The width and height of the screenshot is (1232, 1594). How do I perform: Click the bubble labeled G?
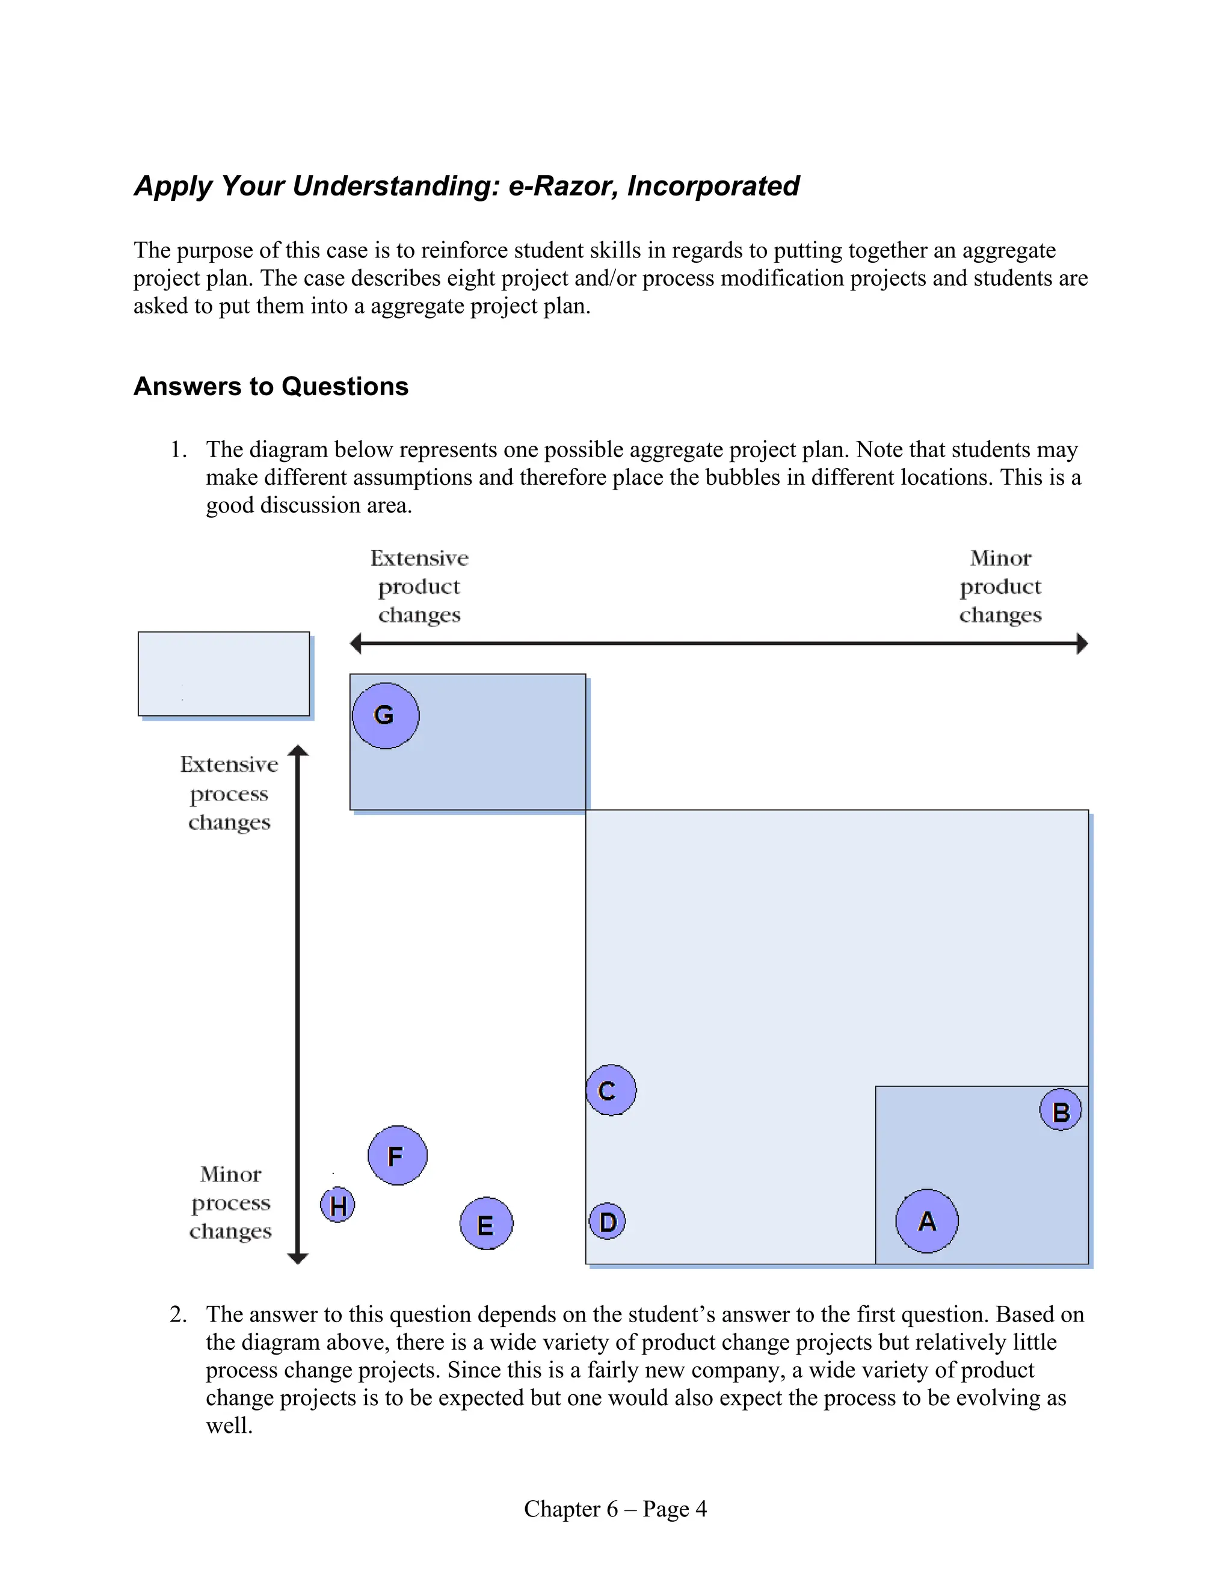[386, 715]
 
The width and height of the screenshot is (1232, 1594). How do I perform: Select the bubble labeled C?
[611, 1091]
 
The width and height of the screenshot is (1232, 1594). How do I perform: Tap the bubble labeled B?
[1061, 1110]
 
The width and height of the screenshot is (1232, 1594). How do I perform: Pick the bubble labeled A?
[927, 1221]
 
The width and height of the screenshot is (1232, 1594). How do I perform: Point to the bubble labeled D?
[607, 1222]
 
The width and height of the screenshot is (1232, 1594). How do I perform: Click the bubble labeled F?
[397, 1155]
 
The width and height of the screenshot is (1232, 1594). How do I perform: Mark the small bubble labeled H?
[338, 1205]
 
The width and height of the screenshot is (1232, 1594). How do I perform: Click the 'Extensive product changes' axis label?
[419, 586]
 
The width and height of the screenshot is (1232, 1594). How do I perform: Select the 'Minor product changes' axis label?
[1000, 586]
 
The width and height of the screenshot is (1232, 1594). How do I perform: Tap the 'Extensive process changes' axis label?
[229, 793]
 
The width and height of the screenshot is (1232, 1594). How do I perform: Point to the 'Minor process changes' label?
[230, 1203]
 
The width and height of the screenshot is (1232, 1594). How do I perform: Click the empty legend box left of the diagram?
[224, 674]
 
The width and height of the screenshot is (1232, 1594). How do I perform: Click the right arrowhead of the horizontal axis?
[1082, 644]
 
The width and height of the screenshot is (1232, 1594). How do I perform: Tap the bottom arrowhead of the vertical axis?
[298, 1258]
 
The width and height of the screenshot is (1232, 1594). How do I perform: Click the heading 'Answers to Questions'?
[271, 386]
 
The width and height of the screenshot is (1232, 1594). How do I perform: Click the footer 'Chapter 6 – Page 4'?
[615, 1509]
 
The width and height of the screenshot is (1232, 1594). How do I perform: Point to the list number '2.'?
[178, 1314]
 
